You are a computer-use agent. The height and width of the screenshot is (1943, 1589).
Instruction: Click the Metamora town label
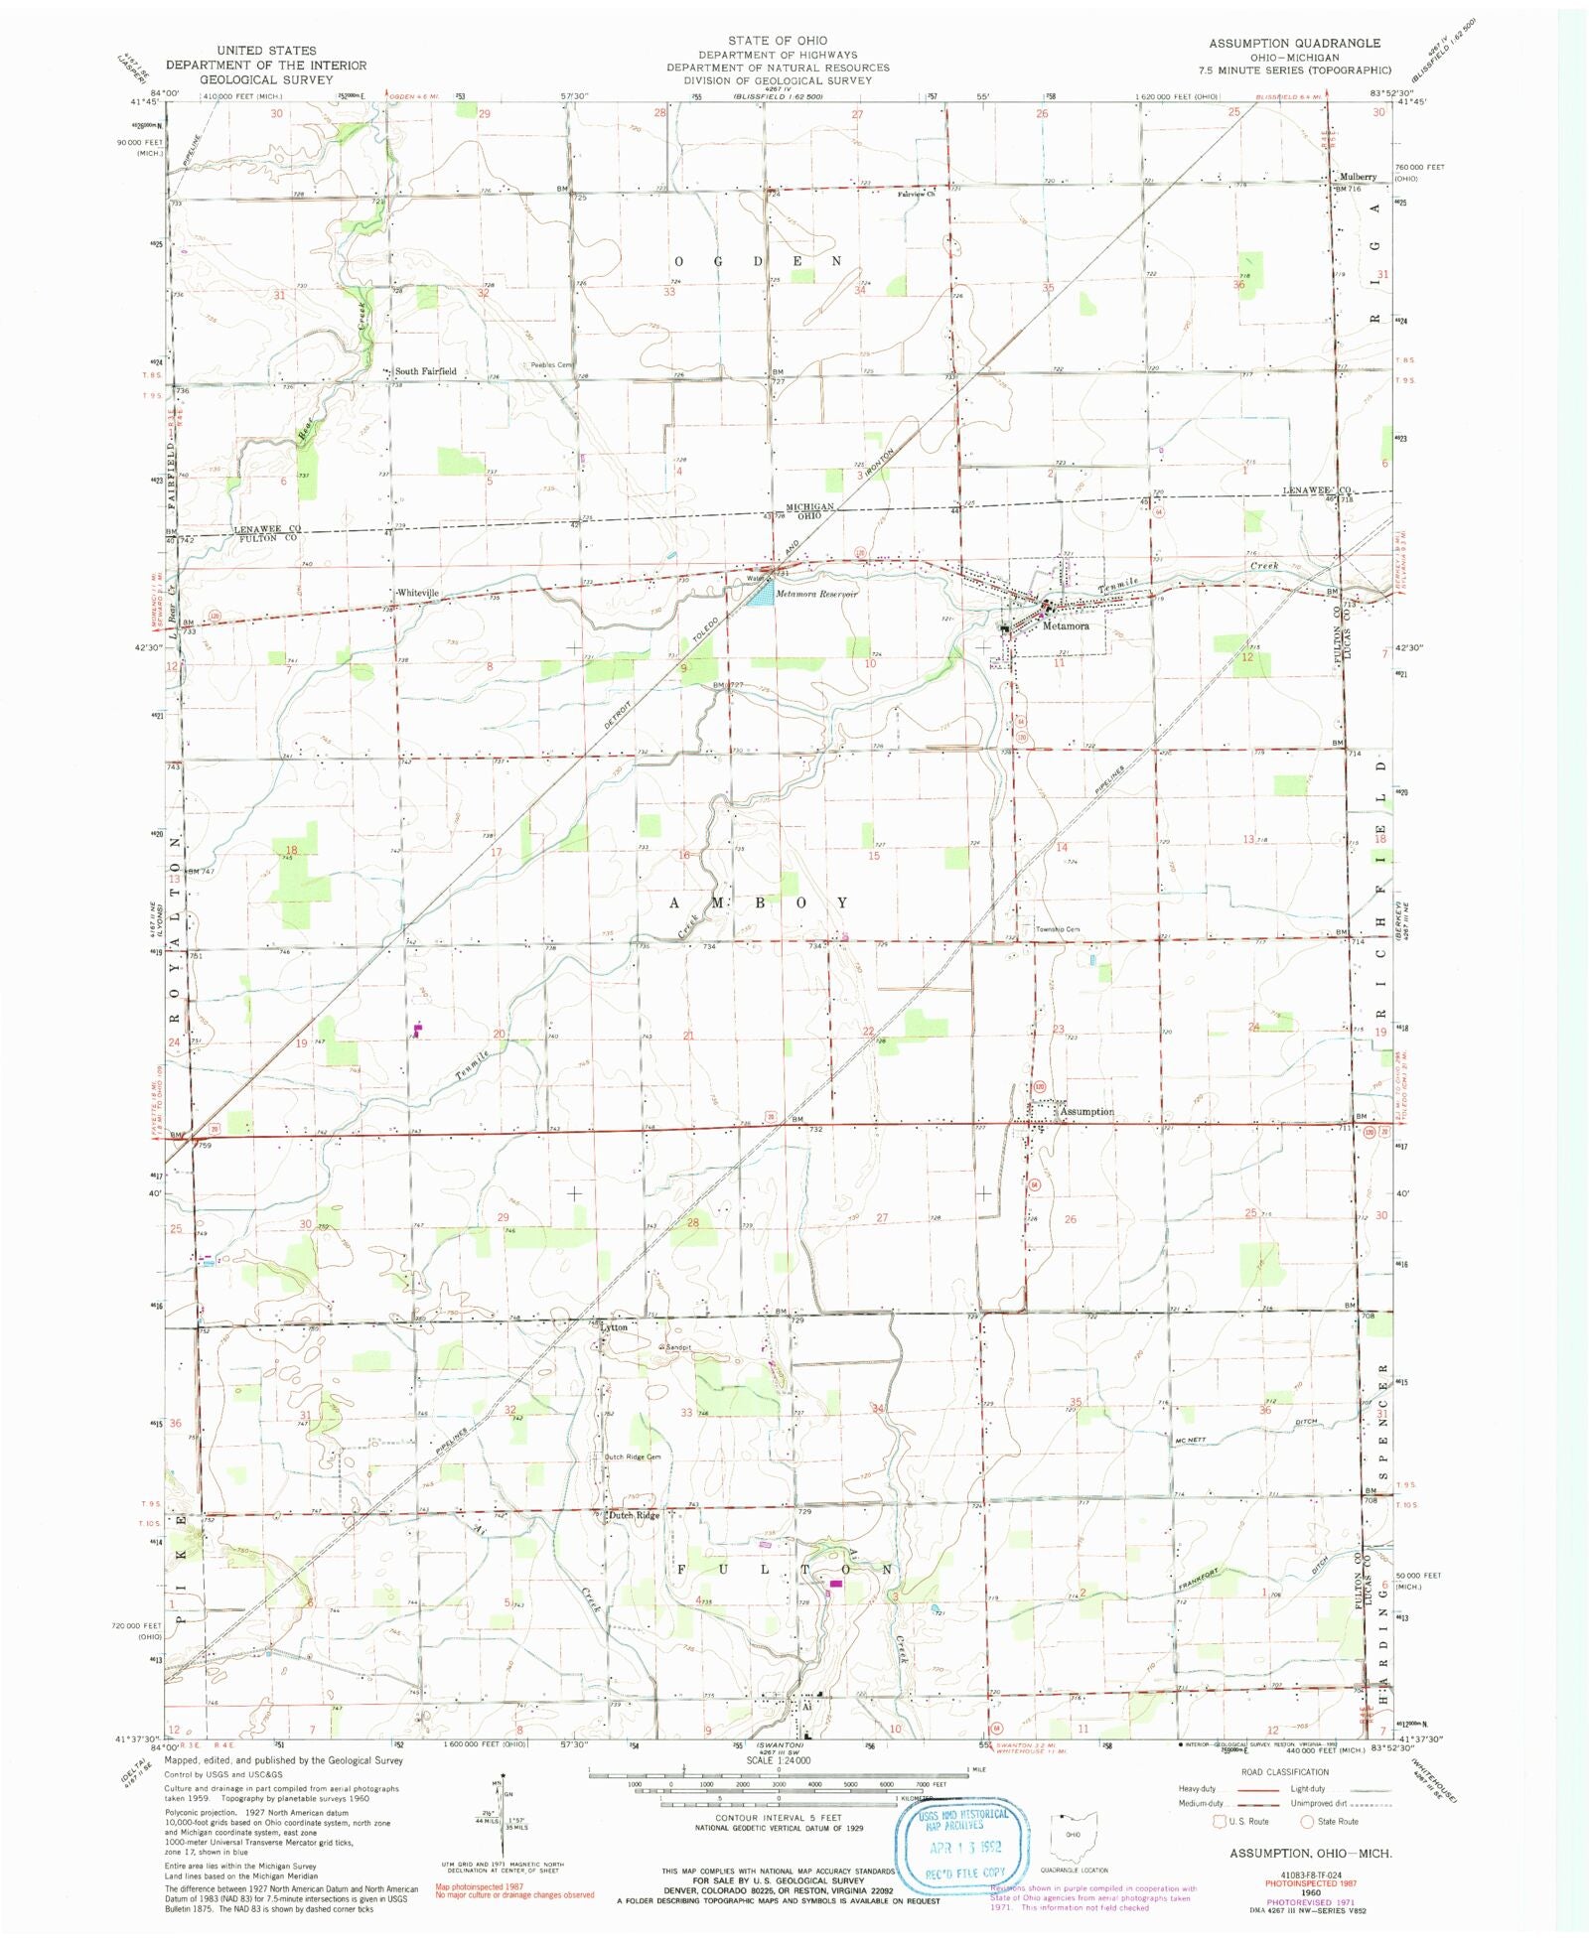(x=1066, y=626)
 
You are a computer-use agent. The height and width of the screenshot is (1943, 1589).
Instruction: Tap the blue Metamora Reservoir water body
(x=762, y=594)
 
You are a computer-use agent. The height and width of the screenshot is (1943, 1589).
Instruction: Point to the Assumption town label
(x=1086, y=1111)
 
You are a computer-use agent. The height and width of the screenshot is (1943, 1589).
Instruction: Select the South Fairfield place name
(x=425, y=371)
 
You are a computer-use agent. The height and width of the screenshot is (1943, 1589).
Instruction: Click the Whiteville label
(x=417, y=593)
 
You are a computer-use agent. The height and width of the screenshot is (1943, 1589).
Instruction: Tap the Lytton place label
(x=614, y=1326)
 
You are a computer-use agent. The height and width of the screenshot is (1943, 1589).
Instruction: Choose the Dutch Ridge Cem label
(x=633, y=1457)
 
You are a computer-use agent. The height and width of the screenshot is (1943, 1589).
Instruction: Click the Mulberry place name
(x=1358, y=177)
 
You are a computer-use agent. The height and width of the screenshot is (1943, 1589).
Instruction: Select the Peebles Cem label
(x=551, y=364)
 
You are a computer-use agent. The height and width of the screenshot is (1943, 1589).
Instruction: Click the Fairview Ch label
(x=916, y=195)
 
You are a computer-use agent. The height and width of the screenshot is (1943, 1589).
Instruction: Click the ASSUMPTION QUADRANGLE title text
(x=1293, y=43)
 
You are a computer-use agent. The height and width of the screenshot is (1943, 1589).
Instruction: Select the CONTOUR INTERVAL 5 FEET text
(x=778, y=1817)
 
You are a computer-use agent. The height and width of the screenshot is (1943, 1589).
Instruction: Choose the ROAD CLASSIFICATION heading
(x=1284, y=1771)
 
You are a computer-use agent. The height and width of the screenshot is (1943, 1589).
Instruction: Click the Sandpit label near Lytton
(x=677, y=1346)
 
